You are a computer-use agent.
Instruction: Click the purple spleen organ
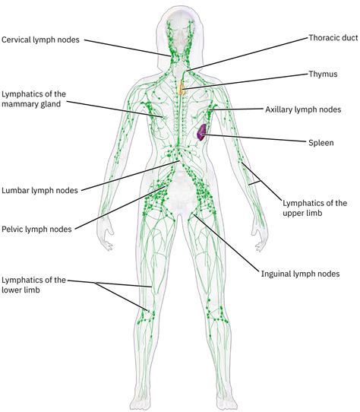click(x=201, y=132)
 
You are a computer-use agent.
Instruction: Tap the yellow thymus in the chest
click(x=181, y=89)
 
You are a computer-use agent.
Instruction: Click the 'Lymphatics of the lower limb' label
click(x=33, y=285)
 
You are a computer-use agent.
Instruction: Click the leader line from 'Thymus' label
click(x=243, y=81)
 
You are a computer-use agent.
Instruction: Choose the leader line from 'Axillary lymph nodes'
click(x=239, y=110)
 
